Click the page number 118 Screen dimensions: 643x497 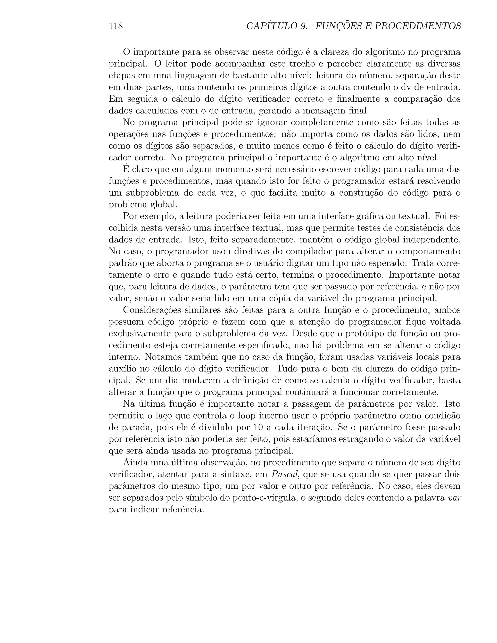(x=116, y=26)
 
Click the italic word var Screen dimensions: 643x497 (x=454, y=498)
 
